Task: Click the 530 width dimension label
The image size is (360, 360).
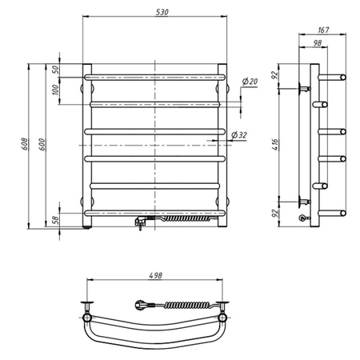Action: pyautogui.click(x=162, y=12)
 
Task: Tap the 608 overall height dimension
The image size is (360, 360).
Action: pyautogui.click(x=25, y=144)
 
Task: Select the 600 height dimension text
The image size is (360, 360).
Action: pyautogui.click(x=42, y=144)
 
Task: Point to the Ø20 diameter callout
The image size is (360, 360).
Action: pyautogui.click(x=250, y=81)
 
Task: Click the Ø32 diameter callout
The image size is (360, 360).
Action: pyautogui.click(x=239, y=135)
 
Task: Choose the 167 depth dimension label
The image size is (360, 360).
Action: pyautogui.click(x=323, y=30)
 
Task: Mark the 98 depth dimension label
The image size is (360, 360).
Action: pyautogui.click(x=317, y=42)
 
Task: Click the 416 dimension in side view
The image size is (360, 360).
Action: pyautogui.click(x=276, y=144)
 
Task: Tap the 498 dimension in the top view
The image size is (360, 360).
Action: pyautogui.click(x=155, y=275)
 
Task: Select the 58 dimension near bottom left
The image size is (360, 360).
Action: pyautogui.click(x=56, y=220)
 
